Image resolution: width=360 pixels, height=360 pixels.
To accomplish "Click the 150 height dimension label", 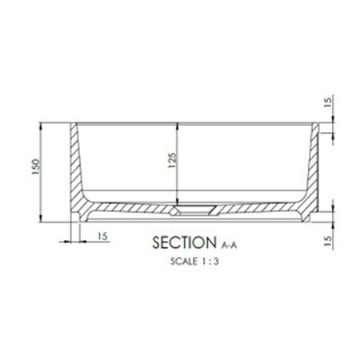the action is click(x=36, y=167).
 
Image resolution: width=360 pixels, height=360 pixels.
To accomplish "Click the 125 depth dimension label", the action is click(x=172, y=160).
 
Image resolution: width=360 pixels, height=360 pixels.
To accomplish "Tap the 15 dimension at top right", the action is click(x=329, y=102).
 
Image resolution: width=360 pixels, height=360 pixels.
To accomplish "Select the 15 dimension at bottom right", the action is click(x=329, y=241).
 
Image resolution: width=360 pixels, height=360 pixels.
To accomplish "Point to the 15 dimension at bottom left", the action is click(x=102, y=236).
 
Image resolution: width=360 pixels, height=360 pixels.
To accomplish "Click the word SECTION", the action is click(x=184, y=242).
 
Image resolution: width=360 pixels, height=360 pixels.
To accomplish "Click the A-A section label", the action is click(x=229, y=245).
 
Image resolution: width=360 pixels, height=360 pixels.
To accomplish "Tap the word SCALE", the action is click(x=184, y=261).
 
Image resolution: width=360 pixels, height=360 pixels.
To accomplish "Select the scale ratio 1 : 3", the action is click(x=210, y=261).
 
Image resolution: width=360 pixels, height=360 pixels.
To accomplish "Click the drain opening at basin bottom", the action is click(x=194, y=210).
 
